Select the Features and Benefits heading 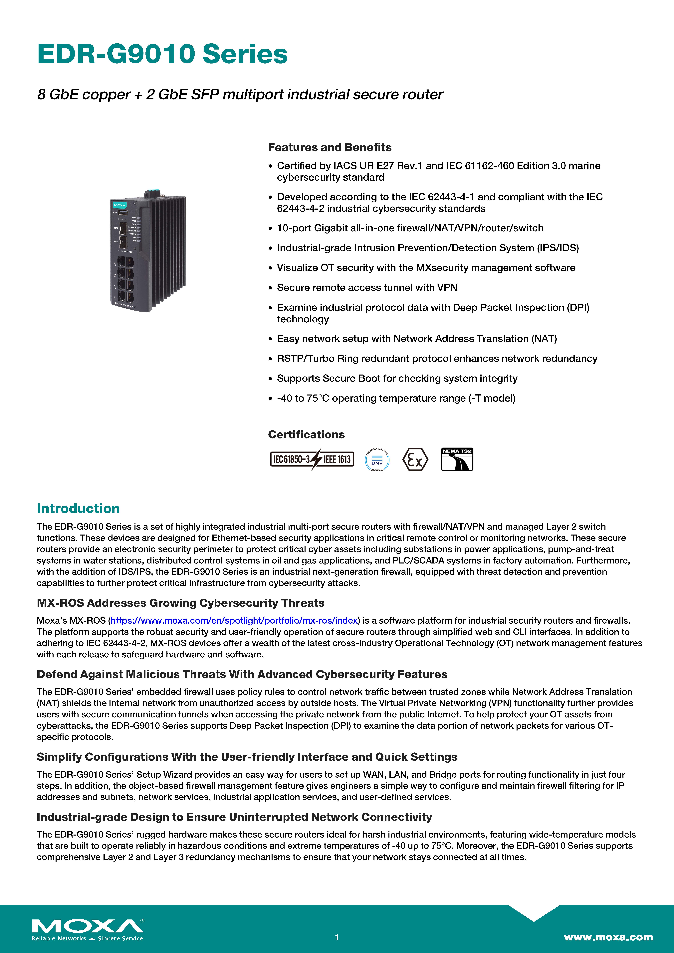tap(329, 147)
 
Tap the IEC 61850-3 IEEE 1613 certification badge tap(312, 459)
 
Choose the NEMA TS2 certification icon tap(457, 459)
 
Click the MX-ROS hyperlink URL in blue tap(234, 621)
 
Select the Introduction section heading tap(78, 508)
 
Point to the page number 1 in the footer tap(337, 937)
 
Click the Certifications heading tap(306, 435)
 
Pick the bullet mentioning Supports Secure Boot tap(397, 379)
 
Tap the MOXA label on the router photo tap(120, 205)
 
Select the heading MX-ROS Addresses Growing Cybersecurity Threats tap(181, 603)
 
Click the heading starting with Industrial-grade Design tap(234, 817)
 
